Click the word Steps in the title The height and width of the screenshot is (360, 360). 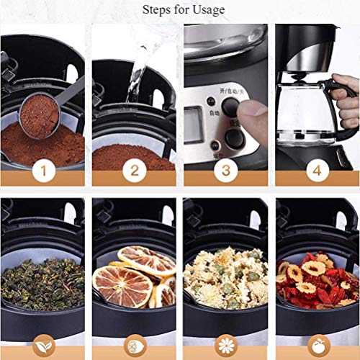pyautogui.click(x=158, y=9)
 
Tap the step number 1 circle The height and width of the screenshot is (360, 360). pyautogui.click(x=43, y=171)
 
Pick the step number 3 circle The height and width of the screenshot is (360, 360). pyautogui.click(x=225, y=171)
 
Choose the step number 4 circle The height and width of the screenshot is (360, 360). pyautogui.click(x=316, y=171)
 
